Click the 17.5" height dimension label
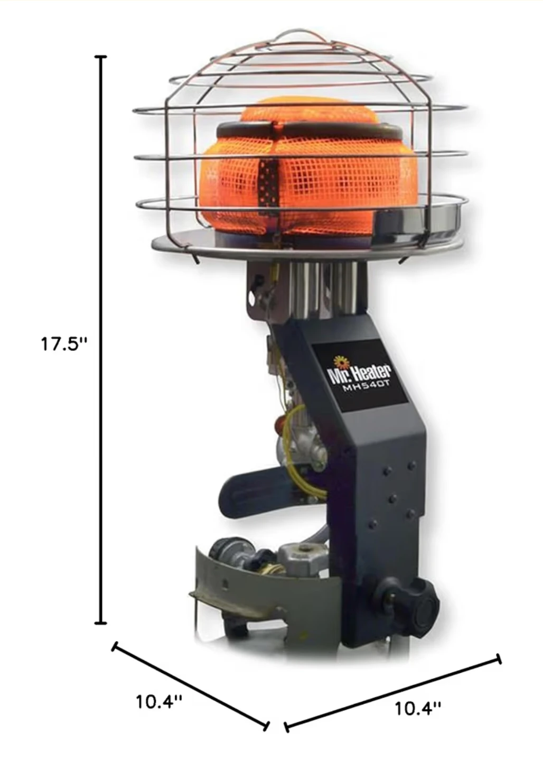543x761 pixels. pos(64,344)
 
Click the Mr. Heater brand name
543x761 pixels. pos(359,373)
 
